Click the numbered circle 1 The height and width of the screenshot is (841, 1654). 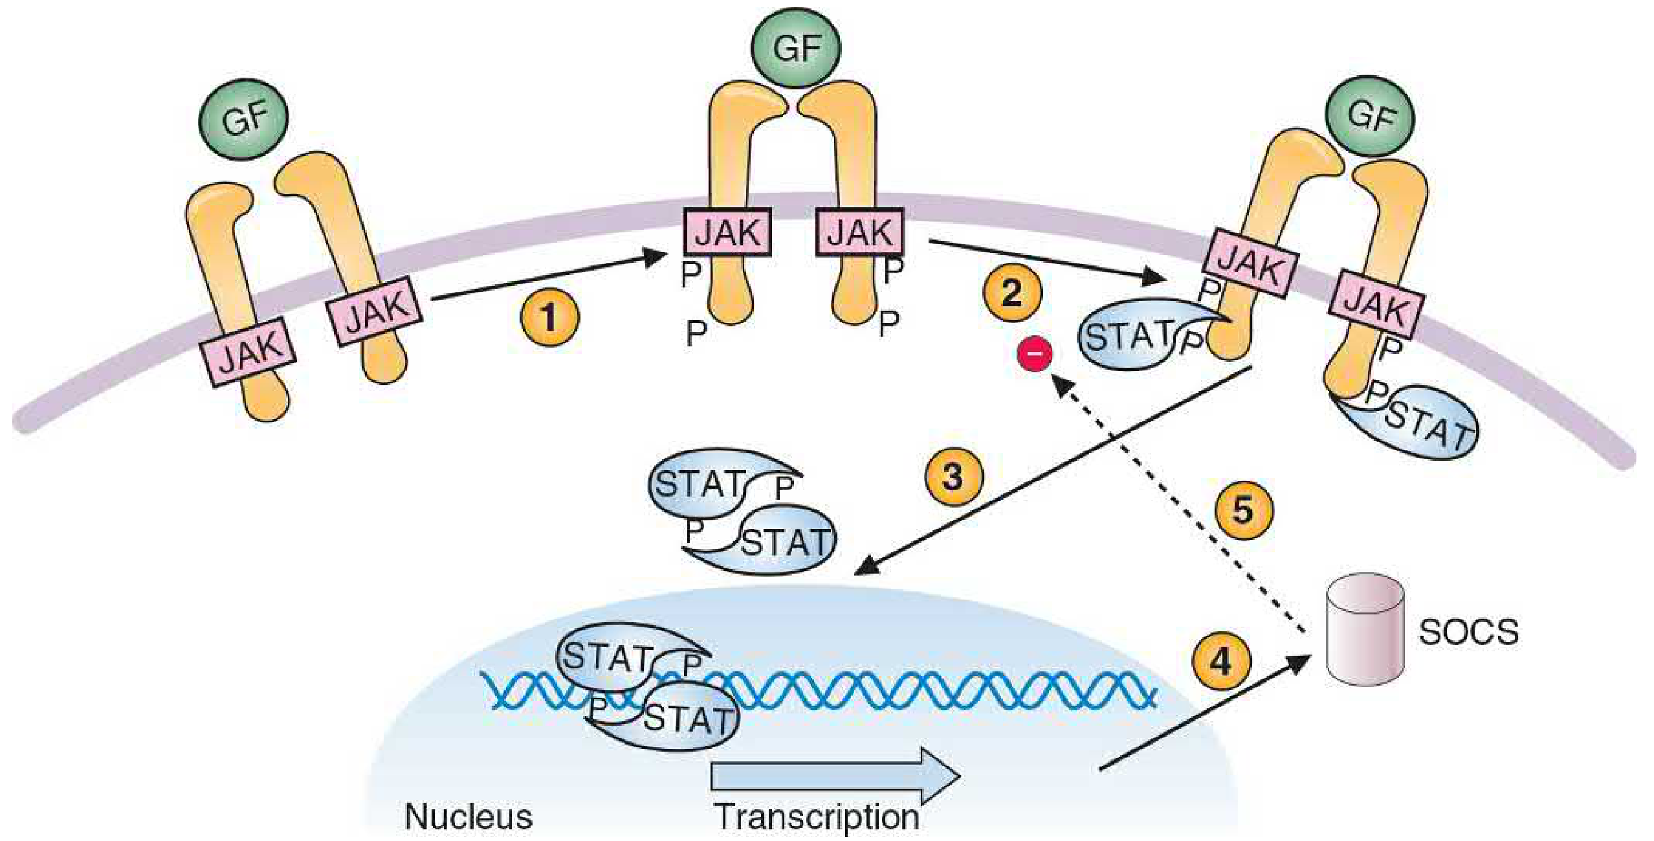549,317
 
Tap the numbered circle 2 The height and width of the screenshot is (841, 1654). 1012,292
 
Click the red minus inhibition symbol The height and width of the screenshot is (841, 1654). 1035,354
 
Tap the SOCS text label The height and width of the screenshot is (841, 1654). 1468,632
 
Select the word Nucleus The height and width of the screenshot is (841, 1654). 469,816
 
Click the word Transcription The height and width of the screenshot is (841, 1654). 817,816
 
